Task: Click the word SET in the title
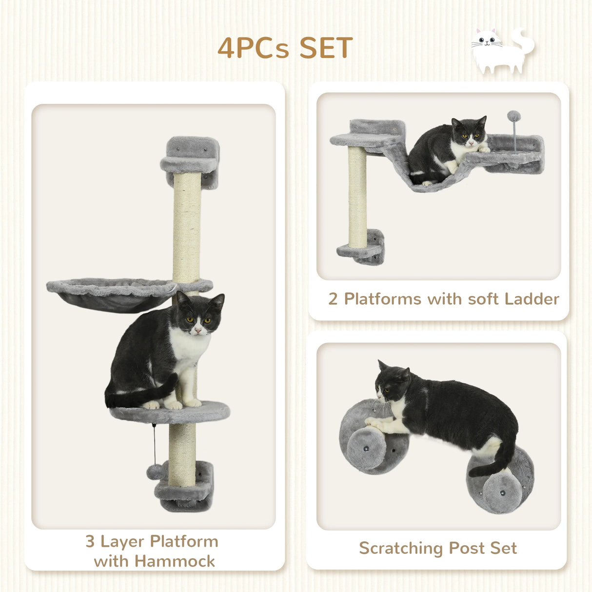(326, 48)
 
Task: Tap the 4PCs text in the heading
(253, 48)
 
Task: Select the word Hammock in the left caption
(175, 561)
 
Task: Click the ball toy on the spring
(513, 117)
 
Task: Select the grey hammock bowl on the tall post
(112, 294)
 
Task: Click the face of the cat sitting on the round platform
(197, 322)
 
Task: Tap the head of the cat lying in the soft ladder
(469, 134)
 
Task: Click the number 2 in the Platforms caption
(333, 299)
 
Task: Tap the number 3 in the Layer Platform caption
(90, 542)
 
